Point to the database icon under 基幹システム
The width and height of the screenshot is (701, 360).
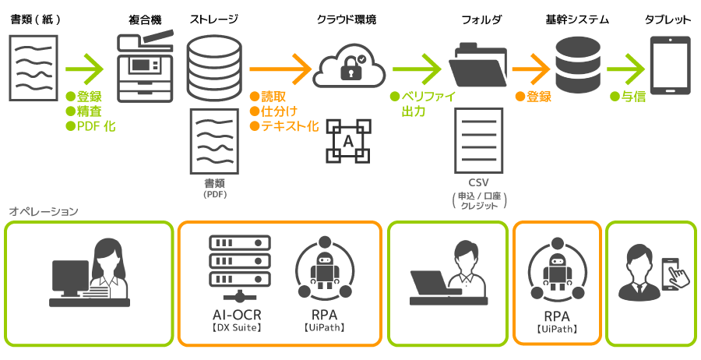(x=578, y=65)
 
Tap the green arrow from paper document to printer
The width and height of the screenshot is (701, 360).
(x=85, y=69)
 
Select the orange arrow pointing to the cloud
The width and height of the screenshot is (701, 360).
(x=280, y=69)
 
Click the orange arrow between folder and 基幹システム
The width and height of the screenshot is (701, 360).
(x=531, y=69)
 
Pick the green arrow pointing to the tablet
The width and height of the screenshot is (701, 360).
(x=626, y=69)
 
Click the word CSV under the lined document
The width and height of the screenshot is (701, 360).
(x=479, y=182)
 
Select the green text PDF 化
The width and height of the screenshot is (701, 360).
(x=96, y=126)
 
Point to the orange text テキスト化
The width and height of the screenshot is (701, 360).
(x=290, y=126)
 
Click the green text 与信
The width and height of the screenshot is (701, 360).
(x=633, y=97)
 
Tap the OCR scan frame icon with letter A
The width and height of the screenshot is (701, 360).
(x=348, y=140)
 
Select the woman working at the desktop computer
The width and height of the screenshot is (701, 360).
(x=90, y=273)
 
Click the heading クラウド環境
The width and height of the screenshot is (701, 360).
(x=347, y=19)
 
